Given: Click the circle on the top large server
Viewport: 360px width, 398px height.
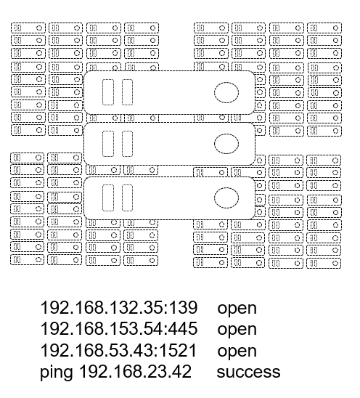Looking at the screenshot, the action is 226,92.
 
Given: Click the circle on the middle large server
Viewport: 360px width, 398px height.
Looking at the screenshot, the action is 226,144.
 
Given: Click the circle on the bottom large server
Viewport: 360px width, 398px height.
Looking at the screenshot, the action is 226,198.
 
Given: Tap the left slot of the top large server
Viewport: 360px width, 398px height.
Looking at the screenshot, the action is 108,92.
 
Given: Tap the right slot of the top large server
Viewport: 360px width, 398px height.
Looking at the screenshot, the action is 127,92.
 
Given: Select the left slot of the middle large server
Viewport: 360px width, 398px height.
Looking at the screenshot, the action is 108,144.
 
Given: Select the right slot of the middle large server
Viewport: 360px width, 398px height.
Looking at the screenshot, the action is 127,144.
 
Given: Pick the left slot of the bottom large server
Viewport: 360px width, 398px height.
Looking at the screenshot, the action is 108,198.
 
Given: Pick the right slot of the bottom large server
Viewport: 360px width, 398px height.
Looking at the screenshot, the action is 127,198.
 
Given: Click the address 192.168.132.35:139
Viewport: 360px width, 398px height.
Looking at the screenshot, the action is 119,307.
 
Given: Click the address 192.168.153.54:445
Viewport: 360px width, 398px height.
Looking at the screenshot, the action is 119,329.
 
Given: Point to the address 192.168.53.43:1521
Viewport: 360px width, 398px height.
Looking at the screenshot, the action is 118,350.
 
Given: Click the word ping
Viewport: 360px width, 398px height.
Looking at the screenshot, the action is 57,373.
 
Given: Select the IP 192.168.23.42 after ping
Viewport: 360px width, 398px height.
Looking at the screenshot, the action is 135,372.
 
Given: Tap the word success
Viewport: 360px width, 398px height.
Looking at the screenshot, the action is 248,373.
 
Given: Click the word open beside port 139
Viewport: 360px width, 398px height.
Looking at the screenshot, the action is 237,309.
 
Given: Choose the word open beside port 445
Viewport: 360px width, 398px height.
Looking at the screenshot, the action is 237,330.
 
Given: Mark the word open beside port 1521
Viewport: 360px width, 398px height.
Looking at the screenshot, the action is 237,352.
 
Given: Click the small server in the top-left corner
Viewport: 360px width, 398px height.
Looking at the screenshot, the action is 28,28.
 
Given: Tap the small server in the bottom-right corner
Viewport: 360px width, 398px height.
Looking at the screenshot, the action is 324,263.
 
